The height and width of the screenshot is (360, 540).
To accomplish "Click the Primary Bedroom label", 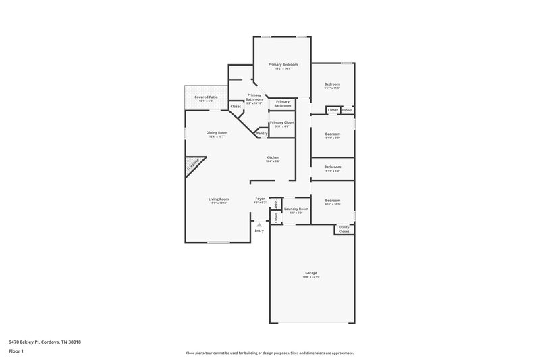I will coord(283,64).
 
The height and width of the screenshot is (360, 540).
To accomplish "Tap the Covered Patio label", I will coord(206,97).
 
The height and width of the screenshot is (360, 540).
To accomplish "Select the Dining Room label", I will coord(217,132).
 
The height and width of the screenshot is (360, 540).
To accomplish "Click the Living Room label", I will coord(218,199).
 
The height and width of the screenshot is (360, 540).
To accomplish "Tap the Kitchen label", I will coord(273,157).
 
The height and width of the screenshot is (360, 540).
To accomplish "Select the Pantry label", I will coord(262,134).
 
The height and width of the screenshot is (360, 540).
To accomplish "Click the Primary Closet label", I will coord(279,122).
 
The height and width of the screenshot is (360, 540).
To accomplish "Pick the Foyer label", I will coord(260,199).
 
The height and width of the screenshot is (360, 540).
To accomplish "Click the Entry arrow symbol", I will coord(259,224).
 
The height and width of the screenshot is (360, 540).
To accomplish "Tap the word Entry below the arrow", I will coord(259,231).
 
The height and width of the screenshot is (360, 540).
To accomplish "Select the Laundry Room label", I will coord(296,209).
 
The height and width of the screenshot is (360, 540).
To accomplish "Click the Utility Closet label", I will coord(344,229).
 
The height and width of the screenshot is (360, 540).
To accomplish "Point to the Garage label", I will coord(310,273).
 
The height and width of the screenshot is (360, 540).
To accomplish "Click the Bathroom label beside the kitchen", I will coord(332,167).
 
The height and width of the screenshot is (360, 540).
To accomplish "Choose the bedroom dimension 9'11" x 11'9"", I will coord(332,88).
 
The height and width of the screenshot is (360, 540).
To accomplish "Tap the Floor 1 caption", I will coord(17,351).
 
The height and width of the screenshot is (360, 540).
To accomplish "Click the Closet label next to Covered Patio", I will coord(236,107).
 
